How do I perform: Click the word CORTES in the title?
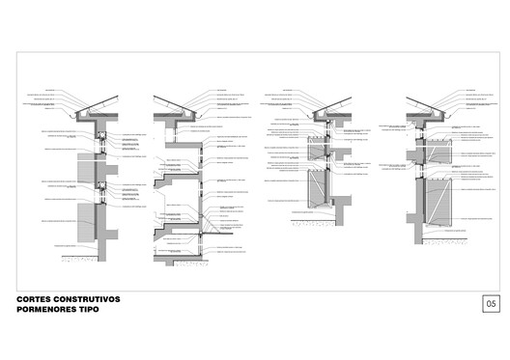tap(36, 299)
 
